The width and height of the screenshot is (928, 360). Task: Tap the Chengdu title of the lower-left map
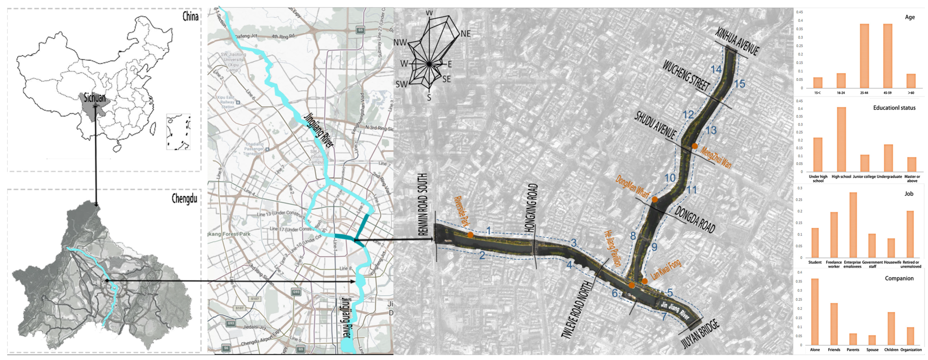tap(184, 199)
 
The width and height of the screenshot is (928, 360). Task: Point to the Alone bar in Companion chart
tap(815, 312)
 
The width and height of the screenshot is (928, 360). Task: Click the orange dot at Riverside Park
tap(470, 235)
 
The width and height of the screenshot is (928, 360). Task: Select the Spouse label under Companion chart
tap(872, 350)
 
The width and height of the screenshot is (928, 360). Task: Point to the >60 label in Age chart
tap(911, 93)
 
